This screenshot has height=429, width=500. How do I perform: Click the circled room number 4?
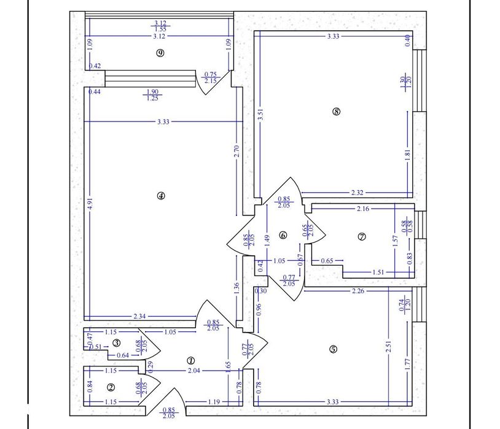coord(161,196)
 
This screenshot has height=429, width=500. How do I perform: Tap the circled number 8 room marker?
coord(336,112)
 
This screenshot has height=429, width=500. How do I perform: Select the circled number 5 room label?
coord(333,349)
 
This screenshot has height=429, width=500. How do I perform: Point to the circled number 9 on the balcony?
coord(160,53)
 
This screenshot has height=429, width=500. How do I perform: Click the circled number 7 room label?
coord(362,236)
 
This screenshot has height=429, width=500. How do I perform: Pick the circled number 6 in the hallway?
coord(283,234)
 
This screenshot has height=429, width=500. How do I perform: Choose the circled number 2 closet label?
coord(111,387)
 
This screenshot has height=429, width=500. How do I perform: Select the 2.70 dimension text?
coord(236,151)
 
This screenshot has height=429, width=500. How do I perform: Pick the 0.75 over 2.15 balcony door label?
coord(210,77)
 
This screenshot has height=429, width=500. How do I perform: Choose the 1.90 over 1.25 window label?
coord(152,95)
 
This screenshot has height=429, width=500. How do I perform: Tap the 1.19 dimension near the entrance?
coord(214,401)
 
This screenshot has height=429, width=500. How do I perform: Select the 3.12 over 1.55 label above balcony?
coord(160,26)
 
